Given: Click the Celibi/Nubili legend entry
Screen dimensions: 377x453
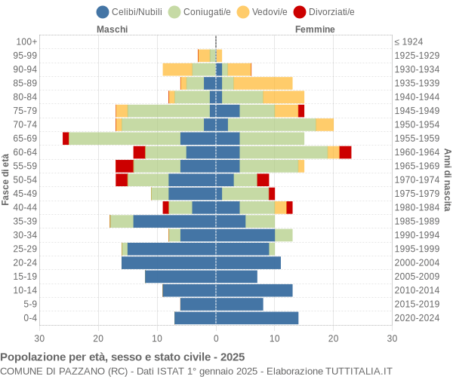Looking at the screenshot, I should (131, 11).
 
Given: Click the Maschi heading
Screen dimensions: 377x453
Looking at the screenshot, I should (112, 29).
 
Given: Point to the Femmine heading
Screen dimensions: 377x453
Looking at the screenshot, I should (315, 29).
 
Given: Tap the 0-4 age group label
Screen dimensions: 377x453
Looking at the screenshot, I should (29, 318).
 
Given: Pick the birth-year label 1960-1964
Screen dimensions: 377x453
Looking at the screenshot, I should (418, 152).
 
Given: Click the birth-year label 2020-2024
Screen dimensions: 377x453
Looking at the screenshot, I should (418, 318).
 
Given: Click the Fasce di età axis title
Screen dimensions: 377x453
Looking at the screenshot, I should (6, 179).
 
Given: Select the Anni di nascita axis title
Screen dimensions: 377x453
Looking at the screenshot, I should (447, 179).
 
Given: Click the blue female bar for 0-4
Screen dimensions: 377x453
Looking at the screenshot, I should (257, 318).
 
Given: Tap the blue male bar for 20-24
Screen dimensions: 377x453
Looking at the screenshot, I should (168, 262).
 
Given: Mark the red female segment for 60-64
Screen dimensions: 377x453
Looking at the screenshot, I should (345, 152).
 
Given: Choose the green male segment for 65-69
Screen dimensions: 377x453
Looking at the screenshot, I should (125, 138).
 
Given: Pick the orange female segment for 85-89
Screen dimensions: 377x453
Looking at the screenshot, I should (263, 83).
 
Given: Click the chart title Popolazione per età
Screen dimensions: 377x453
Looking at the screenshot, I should (122, 357).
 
